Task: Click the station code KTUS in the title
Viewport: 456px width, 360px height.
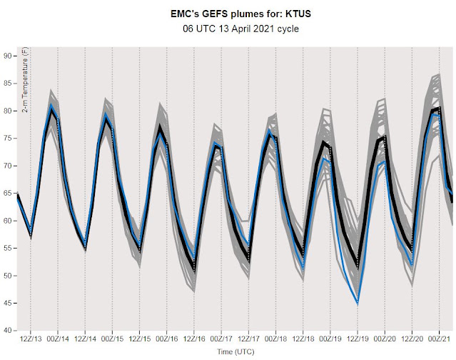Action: pyautogui.click(x=298, y=14)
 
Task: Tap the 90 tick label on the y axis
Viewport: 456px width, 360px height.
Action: pyautogui.click(x=8, y=56)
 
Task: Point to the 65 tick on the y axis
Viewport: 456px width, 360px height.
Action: pyautogui.click(x=8, y=194)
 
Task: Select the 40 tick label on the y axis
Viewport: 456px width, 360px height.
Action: pyautogui.click(x=8, y=331)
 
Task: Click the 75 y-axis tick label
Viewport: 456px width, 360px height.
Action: pyautogui.click(x=8, y=139)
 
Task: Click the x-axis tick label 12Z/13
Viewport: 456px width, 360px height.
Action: pyautogui.click(x=31, y=339)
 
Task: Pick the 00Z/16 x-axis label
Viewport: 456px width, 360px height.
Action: pyautogui.click(x=167, y=339)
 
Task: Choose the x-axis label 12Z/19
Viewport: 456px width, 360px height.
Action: pyautogui.click(x=358, y=339)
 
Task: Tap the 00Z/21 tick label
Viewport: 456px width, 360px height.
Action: pyautogui.click(x=439, y=339)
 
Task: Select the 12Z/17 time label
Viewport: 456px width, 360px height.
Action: pyautogui.click(x=248, y=339)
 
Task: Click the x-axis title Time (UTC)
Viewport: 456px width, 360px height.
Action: pyautogui.click(x=236, y=352)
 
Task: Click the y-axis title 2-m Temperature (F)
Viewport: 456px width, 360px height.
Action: pyautogui.click(x=25, y=80)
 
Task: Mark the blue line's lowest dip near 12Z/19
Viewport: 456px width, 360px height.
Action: pyautogui.click(x=358, y=303)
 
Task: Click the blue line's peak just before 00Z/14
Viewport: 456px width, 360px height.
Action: pyautogui.click(x=51, y=104)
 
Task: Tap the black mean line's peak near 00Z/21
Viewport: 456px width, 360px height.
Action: pyautogui.click(x=439, y=109)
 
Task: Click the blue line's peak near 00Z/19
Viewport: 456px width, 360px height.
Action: pyautogui.click(x=323, y=159)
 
